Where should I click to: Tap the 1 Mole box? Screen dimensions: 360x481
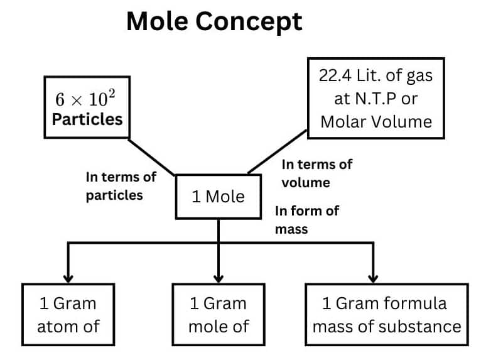(218, 197)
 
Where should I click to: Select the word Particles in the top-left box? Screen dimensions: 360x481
(87, 119)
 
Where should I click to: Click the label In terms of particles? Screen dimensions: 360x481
(121, 186)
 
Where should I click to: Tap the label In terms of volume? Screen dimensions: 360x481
(316, 173)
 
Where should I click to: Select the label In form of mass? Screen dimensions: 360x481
(306, 219)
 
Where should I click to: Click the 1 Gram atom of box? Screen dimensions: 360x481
(68, 315)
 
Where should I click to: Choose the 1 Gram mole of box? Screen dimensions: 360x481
(219, 315)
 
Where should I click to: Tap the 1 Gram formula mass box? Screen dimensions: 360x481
(386, 315)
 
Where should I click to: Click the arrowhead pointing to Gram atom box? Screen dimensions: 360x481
(68, 278)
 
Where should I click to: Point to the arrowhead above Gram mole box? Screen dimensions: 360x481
(219, 278)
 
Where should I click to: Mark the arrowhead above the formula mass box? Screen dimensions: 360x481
(373, 278)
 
